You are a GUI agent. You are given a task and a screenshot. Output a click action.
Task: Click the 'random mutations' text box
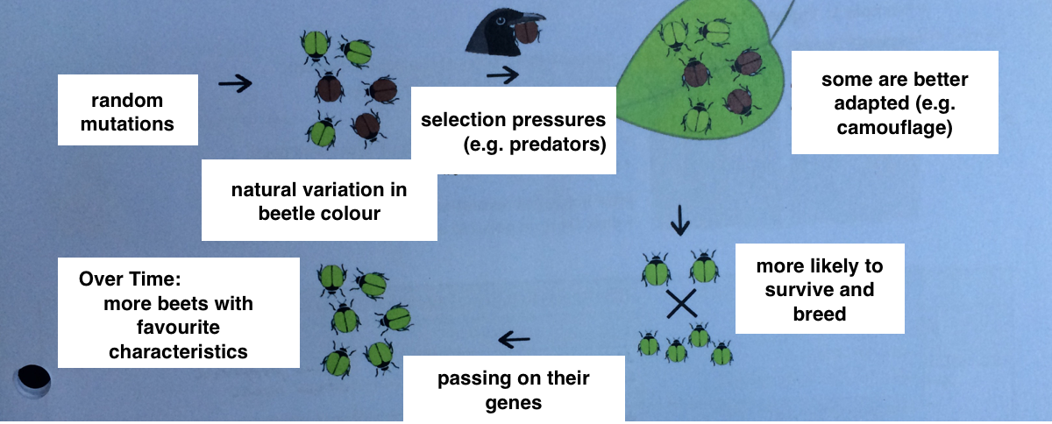pos(127,110)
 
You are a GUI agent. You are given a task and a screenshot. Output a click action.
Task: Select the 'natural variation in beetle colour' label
pos(319,201)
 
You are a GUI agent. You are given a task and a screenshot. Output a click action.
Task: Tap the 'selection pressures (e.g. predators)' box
pos(513,131)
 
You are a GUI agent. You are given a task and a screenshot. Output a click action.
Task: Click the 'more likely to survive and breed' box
pos(819,289)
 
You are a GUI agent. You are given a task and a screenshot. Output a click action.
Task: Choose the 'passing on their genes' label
pos(514,390)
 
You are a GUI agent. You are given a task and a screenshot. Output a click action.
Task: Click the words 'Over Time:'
pos(128,279)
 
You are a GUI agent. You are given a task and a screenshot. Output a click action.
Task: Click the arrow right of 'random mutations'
pos(234,84)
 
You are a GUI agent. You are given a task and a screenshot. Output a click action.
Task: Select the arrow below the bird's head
pos(502,75)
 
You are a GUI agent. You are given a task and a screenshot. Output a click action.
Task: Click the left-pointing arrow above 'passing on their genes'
pos(514,337)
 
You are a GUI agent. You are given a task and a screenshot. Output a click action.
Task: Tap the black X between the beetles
pos(680,304)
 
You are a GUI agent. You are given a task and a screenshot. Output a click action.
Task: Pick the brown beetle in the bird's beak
pos(526,33)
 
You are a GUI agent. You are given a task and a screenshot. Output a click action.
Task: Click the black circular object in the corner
pos(33,378)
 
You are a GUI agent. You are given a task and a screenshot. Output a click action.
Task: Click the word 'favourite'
pos(178,328)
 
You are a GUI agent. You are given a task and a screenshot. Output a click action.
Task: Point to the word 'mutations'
pos(127,124)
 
